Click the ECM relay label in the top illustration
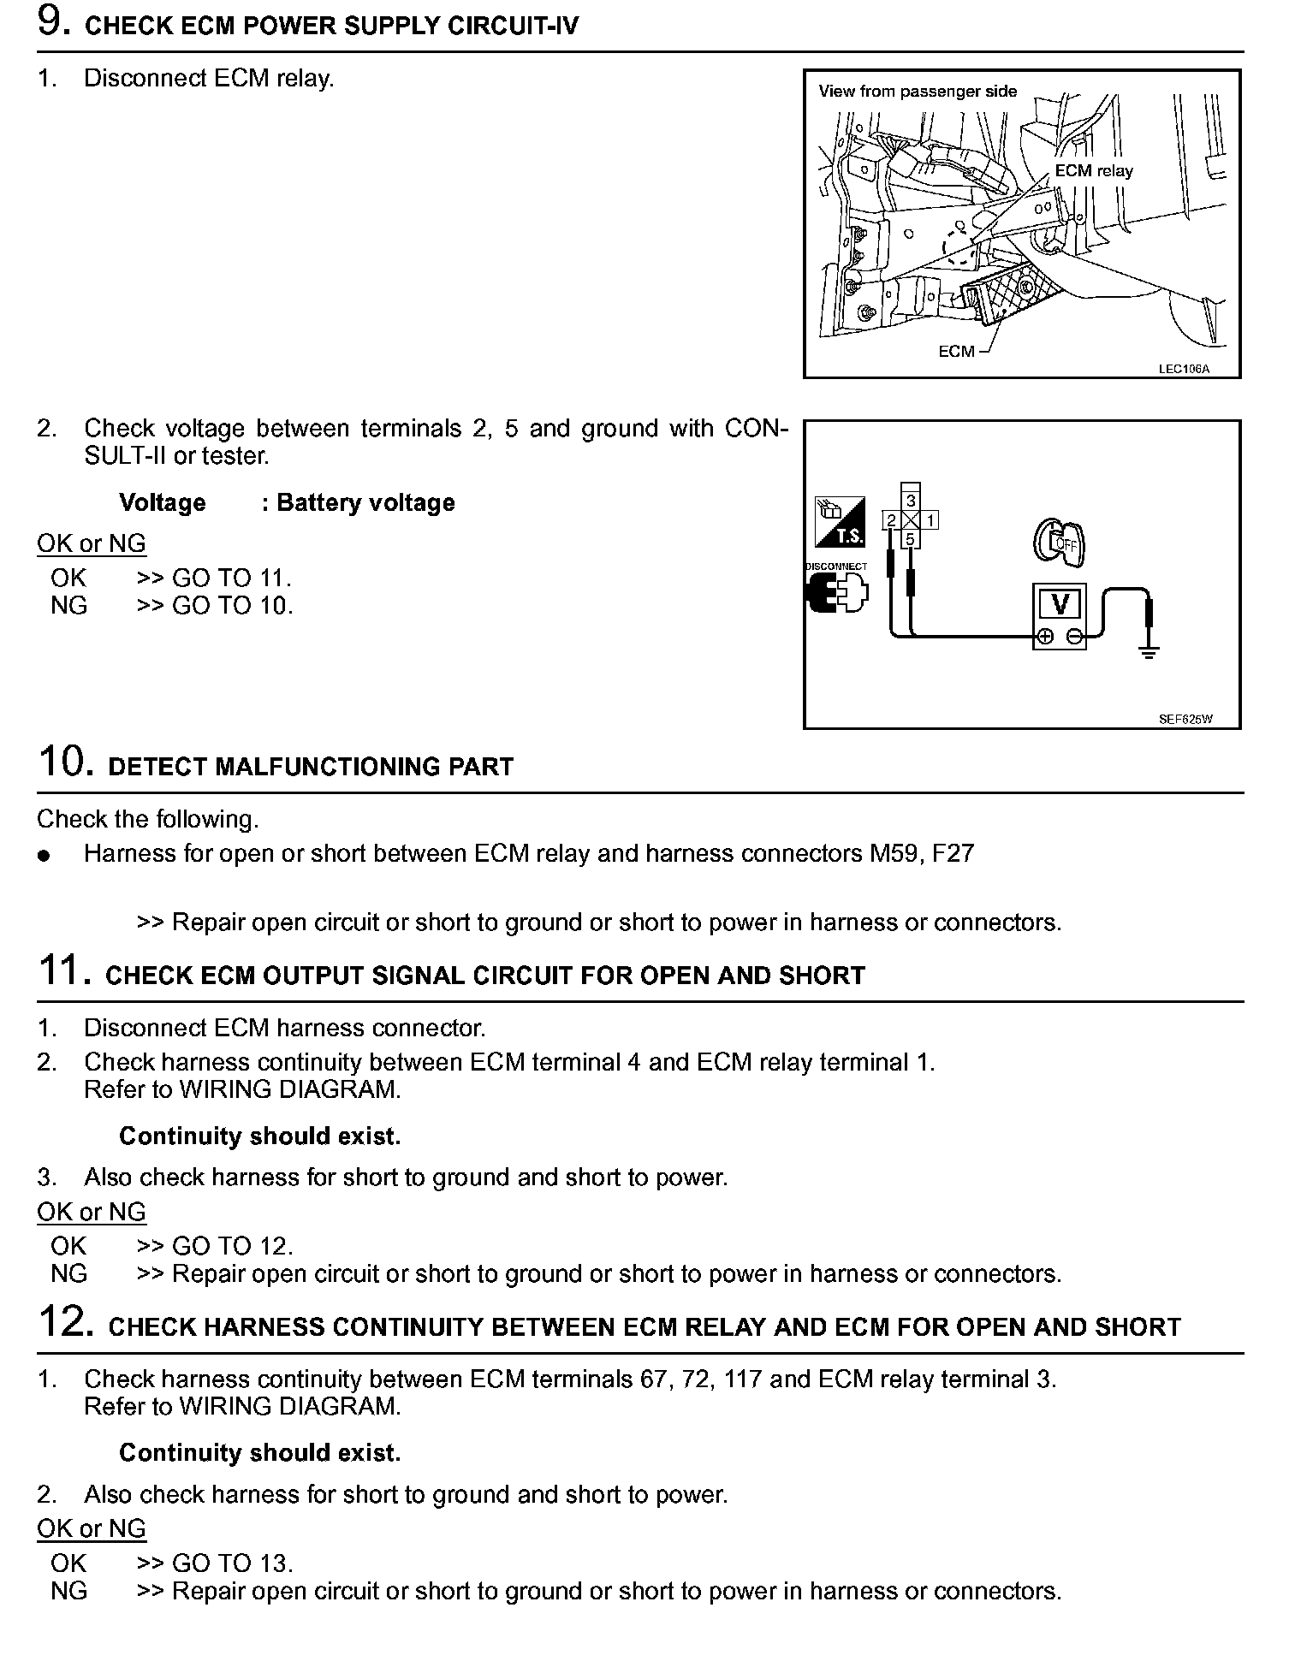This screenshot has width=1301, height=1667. [x=1093, y=171]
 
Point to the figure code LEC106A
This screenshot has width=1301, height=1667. [x=1185, y=369]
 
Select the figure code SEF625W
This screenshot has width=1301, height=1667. [x=1185, y=720]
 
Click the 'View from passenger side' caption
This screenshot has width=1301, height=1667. [x=918, y=92]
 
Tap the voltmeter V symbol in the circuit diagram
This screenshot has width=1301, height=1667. [x=1060, y=604]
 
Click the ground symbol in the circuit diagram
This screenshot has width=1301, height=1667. [x=1149, y=653]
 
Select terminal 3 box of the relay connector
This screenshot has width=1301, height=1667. [x=911, y=501]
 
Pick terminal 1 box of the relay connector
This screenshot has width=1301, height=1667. [x=930, y=519]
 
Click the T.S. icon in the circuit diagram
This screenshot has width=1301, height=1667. [x=840, y=522]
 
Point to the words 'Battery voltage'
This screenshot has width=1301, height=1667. [x=365, y=502]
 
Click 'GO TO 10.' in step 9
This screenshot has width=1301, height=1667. [x=233, y=606]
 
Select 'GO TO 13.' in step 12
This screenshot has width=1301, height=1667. [x=233, y=1563]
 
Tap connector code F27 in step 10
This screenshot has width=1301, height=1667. [x=953, y=853]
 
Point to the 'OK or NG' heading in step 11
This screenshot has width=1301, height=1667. [x=92, y=1212]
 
